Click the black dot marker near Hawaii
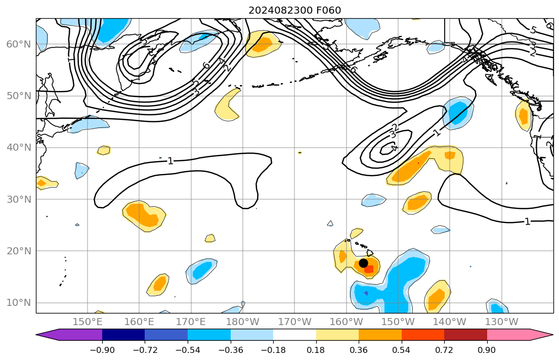363,263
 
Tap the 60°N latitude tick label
18,44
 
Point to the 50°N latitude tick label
18,96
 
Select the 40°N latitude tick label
18,148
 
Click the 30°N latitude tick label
18,199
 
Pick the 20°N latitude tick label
18,251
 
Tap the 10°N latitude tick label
18,303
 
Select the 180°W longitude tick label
243,322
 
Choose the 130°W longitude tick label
502,322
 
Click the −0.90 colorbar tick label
102,350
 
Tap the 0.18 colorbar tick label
316,350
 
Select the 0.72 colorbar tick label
444,350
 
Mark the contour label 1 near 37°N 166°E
170,161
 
